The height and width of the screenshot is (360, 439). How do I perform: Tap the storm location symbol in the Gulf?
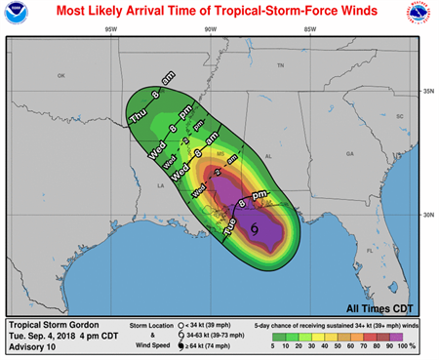(254, 228)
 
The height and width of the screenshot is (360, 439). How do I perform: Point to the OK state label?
(60, 75)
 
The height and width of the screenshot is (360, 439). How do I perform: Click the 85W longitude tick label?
(309, 29)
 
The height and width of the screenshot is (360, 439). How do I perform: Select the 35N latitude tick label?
(425, 92)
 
